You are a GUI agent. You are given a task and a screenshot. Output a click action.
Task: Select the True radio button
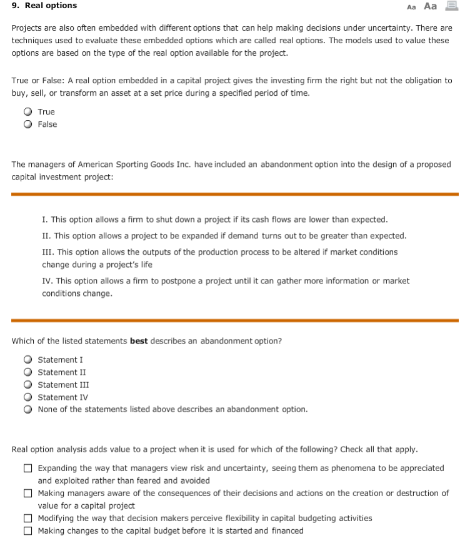coord(29,112)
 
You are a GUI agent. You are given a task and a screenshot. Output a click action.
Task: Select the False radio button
coord(29,124)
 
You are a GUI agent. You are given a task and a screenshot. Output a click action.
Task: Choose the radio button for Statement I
coord(29,360)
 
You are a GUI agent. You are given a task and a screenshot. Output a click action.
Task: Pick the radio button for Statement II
coord(29,372)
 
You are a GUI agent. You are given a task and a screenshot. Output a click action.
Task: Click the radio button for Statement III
coord(29,385)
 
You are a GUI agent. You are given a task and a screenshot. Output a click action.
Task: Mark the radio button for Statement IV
coord(29,397)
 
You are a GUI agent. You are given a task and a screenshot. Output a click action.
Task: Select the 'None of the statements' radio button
coord(29,410)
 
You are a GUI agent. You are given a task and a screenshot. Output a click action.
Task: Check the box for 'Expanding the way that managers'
coord(29,469)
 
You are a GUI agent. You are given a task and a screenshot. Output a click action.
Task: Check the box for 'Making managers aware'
coord(29,494)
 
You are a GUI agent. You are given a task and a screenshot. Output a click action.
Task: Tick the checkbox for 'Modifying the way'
coord(29,519)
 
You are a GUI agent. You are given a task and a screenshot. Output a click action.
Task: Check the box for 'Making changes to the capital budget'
coord(29,531)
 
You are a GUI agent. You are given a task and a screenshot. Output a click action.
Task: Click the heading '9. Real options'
coord(44,6)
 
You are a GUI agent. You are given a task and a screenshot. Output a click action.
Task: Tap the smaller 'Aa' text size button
coord(411,7)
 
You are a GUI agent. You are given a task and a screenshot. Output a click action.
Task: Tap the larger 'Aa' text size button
coord(430,6)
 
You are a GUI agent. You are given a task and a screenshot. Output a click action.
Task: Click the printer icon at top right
coord(451,6)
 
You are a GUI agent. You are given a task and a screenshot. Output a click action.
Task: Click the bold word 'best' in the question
coord(139,342)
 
